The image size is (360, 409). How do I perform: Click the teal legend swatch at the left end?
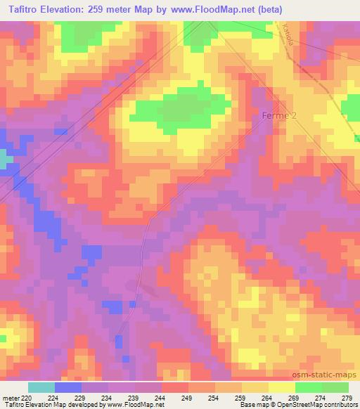(41, 387)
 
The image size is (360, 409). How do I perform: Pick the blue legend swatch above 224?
(68, 387)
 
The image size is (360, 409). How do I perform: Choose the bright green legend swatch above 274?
(309, 387)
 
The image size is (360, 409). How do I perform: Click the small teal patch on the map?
(5, 160)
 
